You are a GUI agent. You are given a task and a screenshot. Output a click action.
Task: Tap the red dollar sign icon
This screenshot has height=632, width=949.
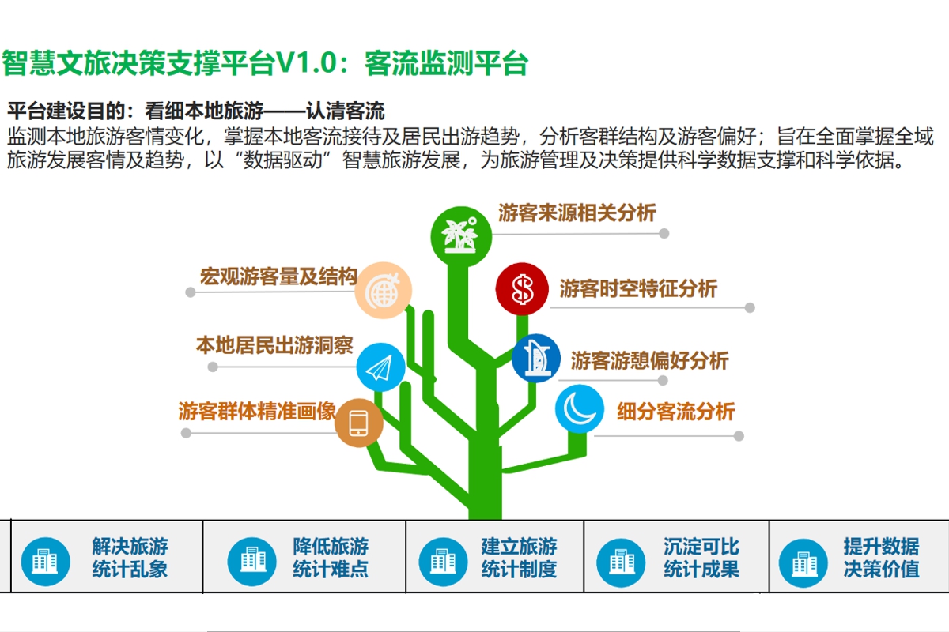pos(523,290)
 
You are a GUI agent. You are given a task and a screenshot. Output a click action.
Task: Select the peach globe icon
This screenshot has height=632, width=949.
pos(382,291)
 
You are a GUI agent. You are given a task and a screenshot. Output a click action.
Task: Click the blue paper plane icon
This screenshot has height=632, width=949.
pos(380,367)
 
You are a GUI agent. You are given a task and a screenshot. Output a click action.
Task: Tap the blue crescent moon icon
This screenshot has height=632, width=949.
pos(580,408)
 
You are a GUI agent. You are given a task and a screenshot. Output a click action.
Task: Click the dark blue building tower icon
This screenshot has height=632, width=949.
pos(536,359)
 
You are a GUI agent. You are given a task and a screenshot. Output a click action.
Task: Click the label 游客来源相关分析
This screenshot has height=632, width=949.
pos(577,213)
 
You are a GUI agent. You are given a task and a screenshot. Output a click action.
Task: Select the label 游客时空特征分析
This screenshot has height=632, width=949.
pos(638,288)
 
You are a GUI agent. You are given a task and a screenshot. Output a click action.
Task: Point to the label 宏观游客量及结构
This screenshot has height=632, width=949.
pos(278,276)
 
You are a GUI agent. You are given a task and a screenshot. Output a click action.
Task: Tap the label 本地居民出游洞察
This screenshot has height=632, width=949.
pos(274,346)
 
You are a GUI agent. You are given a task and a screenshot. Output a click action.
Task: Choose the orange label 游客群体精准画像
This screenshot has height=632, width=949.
pos(257,412)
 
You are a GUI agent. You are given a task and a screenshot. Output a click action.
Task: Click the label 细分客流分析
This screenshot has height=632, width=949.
pos(675,412)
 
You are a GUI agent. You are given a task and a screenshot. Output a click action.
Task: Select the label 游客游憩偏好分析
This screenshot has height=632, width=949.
pos(649,361)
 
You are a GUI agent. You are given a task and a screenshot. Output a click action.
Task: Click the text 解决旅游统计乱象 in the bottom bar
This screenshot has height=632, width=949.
pos(130,557)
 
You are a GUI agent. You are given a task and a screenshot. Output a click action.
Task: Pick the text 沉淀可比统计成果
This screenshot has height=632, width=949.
pos(701,557)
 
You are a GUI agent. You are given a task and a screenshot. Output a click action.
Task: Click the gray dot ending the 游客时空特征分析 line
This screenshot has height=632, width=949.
pos(750,308)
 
